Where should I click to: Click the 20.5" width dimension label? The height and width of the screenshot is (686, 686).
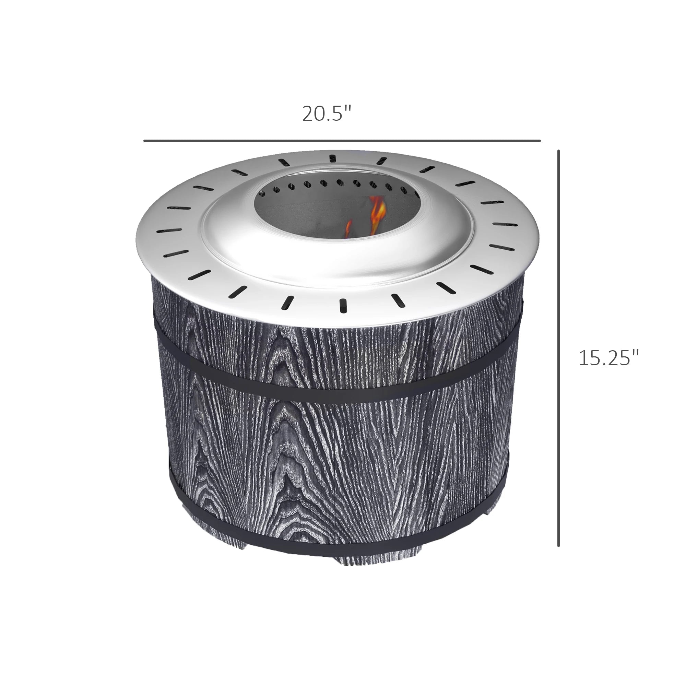pos(326,114)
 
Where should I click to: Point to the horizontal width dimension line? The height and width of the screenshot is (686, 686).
pos(342,141)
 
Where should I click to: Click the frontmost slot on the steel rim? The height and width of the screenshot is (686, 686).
pos(343,306)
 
